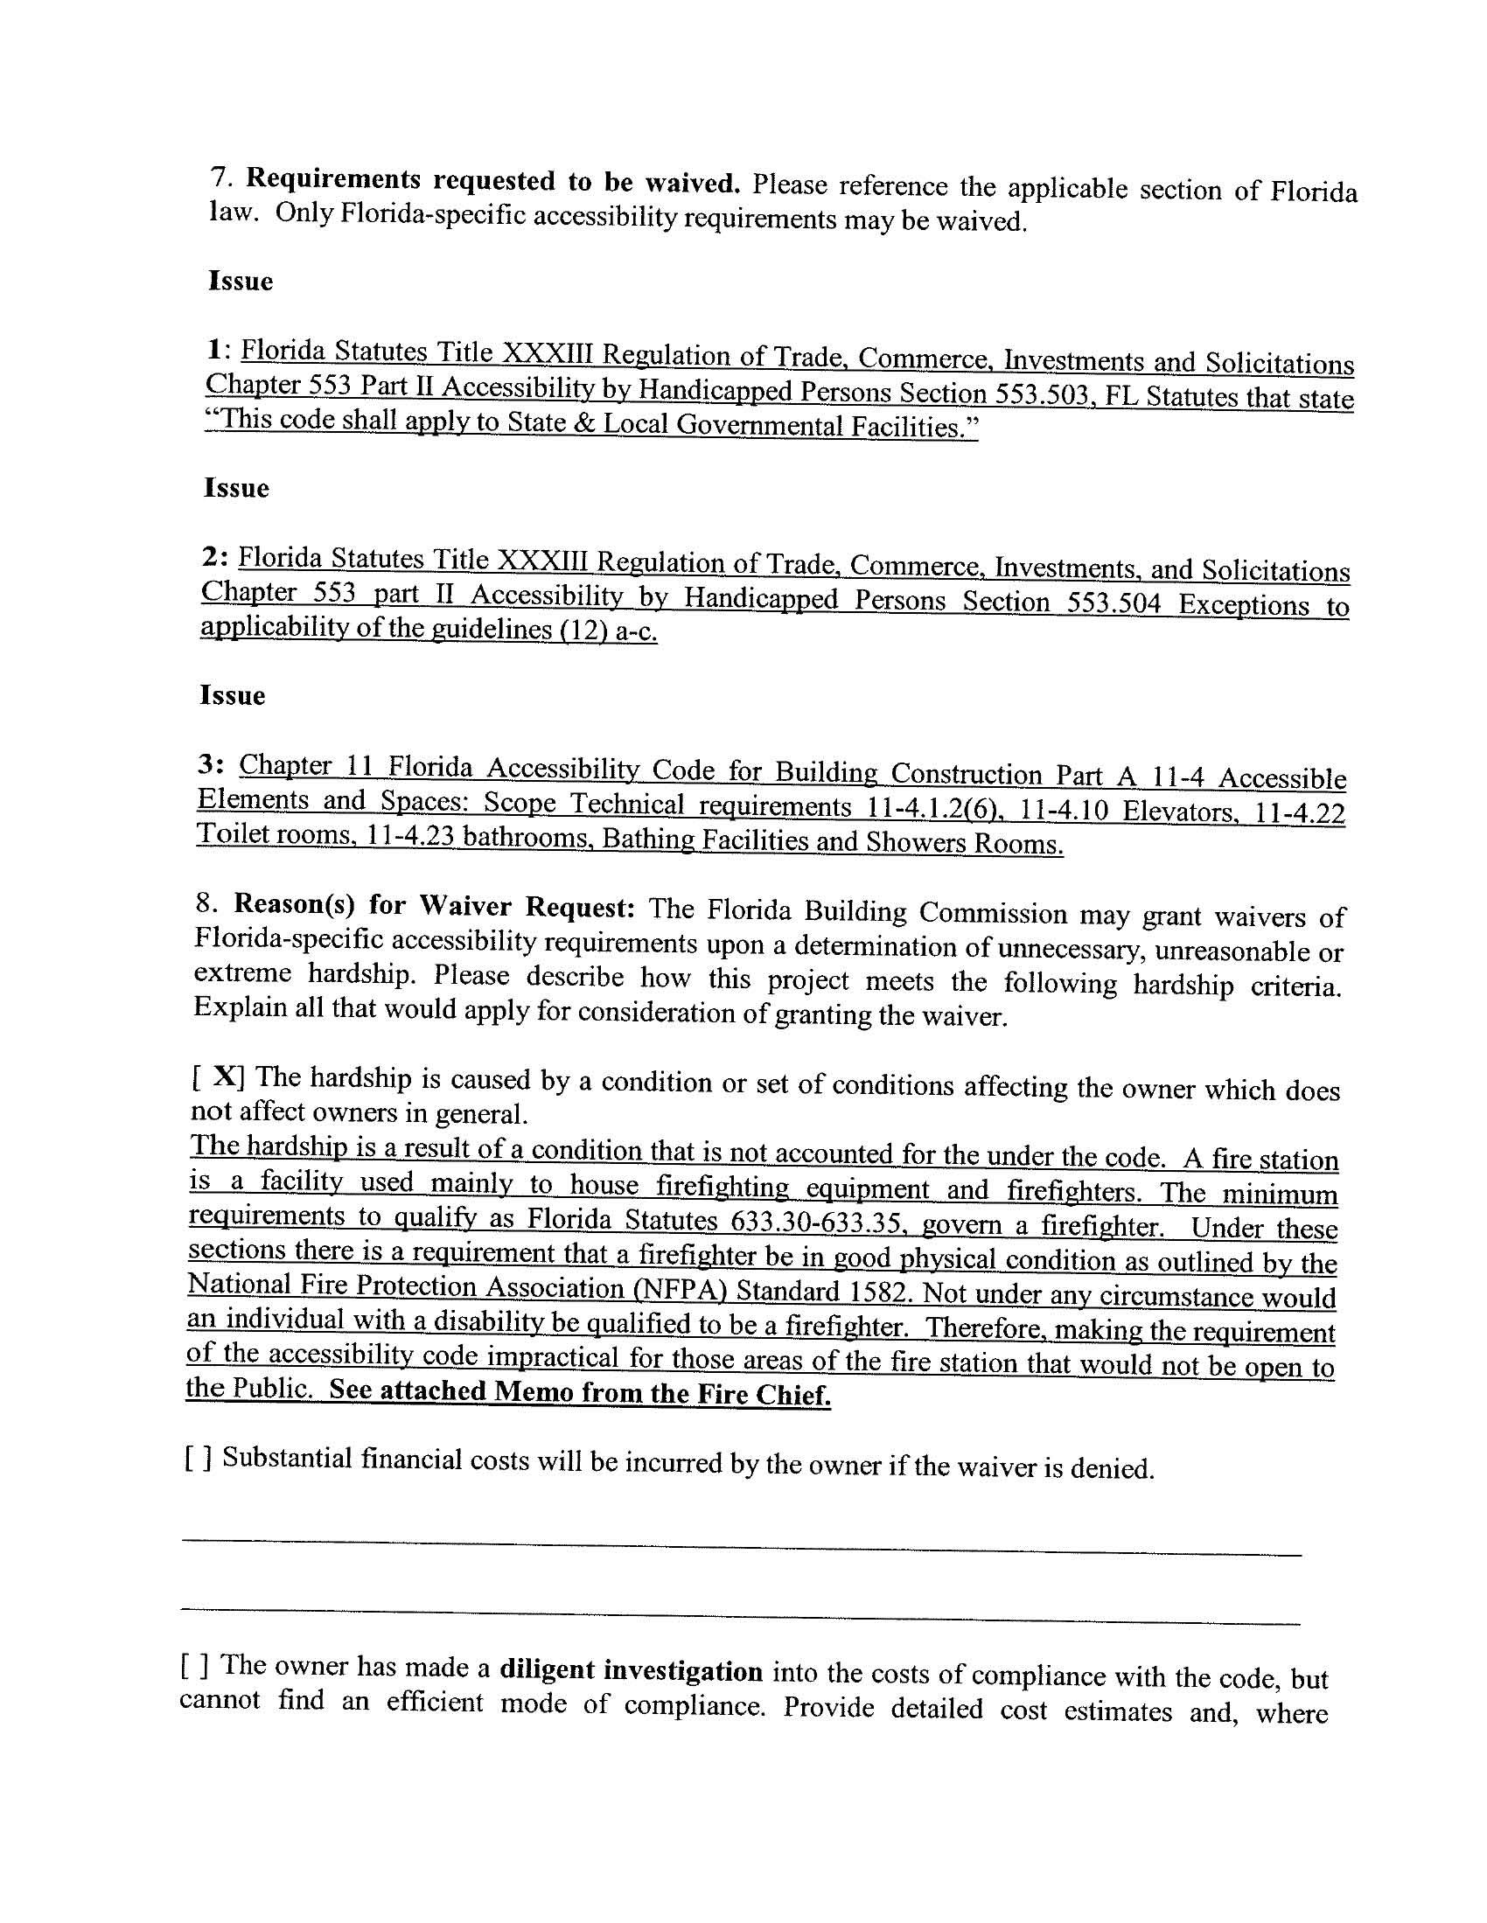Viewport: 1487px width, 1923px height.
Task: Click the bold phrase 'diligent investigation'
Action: coord(631,1670)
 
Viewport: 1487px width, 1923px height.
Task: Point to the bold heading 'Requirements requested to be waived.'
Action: coord(492,181)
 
